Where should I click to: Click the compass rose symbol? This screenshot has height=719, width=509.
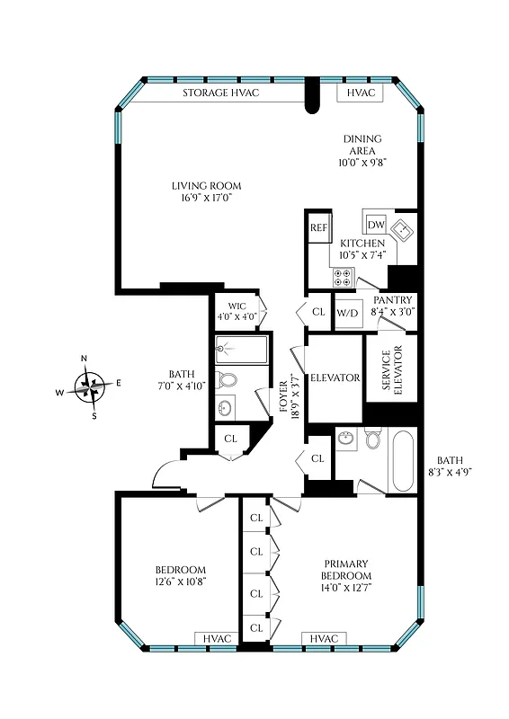pos(89,386)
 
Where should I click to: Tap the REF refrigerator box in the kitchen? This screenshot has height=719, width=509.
pos(318,228)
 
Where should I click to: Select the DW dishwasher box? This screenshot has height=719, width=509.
pos(376,224)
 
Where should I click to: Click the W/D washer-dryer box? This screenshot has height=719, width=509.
pos(346,313)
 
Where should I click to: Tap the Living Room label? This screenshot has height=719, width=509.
pos(207,186)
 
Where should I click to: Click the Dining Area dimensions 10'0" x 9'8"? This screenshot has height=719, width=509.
pos(362,164)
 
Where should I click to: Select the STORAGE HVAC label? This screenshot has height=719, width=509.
pos(221,93)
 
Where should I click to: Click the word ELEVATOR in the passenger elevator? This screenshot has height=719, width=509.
pos(335,378)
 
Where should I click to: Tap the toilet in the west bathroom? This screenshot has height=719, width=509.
pos(228,379)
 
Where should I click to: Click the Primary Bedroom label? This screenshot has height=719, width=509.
pos(346,570)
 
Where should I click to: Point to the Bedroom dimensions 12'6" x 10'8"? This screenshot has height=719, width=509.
pos(180,582)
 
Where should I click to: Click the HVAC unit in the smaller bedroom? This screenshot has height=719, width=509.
pos(217,638)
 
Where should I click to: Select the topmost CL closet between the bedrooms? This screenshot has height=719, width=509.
pos(256,518)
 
